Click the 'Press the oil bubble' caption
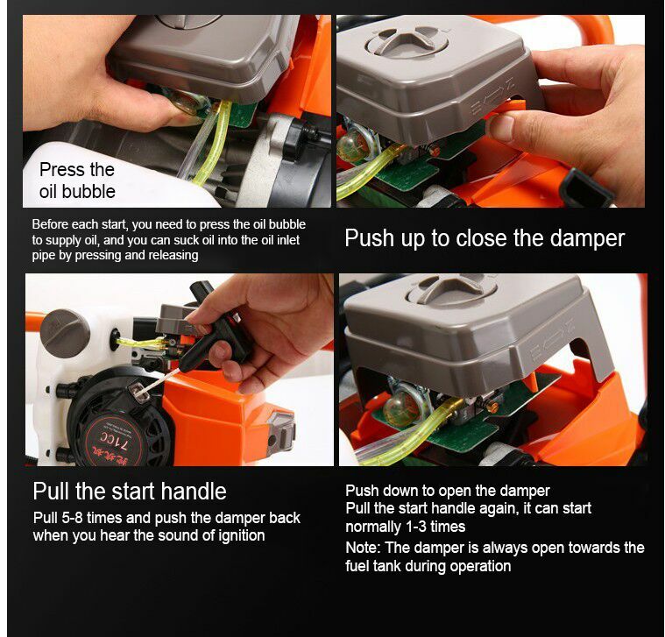[77, 180]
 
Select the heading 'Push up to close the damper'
[485, 238]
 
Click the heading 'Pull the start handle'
[130, 491]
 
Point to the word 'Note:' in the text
[364, 548]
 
